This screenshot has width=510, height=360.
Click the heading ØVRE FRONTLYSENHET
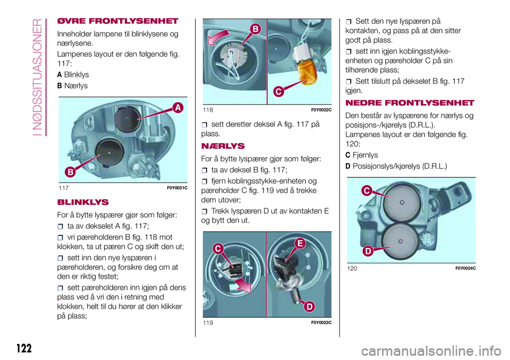tap(117, 22)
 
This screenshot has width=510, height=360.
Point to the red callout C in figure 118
tap(278, 92)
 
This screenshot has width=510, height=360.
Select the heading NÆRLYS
tap(222, 145)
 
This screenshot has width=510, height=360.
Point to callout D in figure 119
tap(309, 306)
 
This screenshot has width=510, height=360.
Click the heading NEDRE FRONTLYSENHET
tap(409, 102)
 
